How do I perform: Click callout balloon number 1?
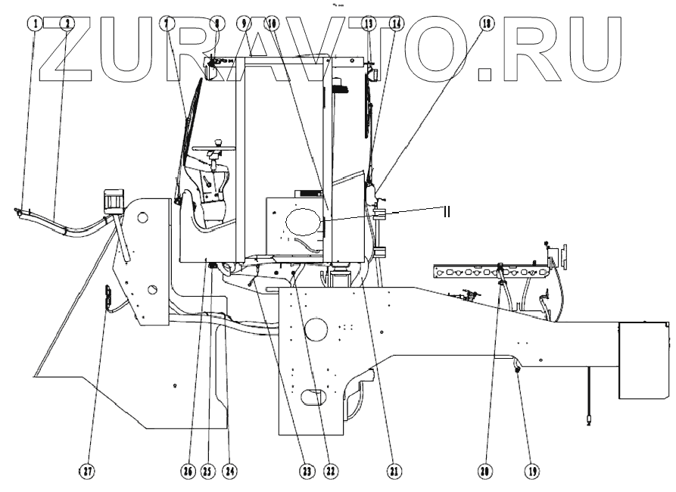pyautogui.click(x=34, y=23)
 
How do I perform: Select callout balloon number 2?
pyautogui.click(x=67, y=23)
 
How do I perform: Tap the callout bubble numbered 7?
pyautogui.click(x=164, y=23)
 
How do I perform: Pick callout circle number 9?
pyautogui.click(x=243, y=23)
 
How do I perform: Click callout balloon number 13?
pyautogui.click(x=369, y=23)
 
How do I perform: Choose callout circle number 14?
pyautogui.click(x=394, y=23)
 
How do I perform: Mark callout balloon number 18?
pyautogui.click(x=485, y=23)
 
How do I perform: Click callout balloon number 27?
pyautogui.click(x=89, y=471)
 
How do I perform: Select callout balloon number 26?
pyautogui.click(x=186, y=471)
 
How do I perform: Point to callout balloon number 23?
pyautogui.click(x=306, y=471)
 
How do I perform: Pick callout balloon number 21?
pyautogui.click(x=394, y=471)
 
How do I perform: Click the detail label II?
pyautogui.click(x=446, y=211)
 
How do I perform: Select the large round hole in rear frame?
pyautogui.click(x=316, y=330)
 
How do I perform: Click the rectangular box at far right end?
pyautogui.click(x=644, y=360)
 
